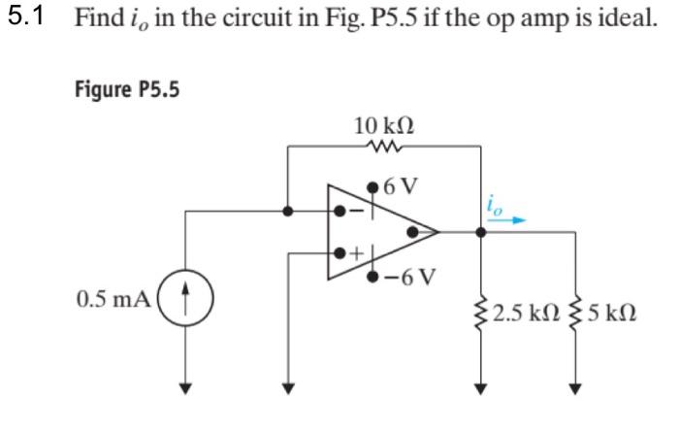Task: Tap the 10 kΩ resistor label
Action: pyautogui.click(x=385, y=125)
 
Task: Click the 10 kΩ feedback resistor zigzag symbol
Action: pyautogui.click(x=385, y=148)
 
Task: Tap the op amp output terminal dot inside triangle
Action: pyautogui.click(x=413, y=232)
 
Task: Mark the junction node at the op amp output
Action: pyautogui.click(x=481, y=232)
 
